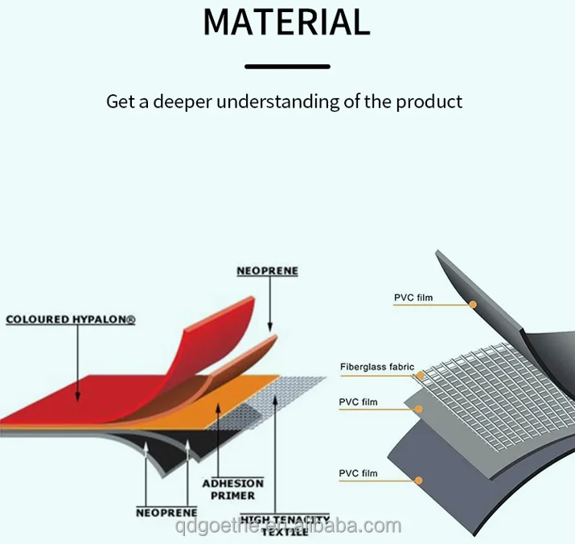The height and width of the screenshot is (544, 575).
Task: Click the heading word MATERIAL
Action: coord(286,22)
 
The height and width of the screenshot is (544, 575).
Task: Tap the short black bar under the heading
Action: coord(287,66)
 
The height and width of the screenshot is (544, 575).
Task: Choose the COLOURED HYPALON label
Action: coord(71,319)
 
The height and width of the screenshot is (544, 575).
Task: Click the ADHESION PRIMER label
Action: coord(232,489)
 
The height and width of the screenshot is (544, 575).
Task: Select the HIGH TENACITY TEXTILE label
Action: coord(285,525)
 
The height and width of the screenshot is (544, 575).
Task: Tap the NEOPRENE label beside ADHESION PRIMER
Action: coord(167,512)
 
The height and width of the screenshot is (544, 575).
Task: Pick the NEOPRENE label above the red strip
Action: coord(267,271)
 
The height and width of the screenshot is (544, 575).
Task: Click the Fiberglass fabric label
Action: coord(376,367)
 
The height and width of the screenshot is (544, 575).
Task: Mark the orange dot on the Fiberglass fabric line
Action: coord(419,375)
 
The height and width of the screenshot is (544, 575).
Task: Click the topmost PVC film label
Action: coord(413,298)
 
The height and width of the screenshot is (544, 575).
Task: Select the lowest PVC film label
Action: coord(358,473)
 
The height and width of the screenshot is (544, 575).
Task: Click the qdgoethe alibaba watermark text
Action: coord(287,526)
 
